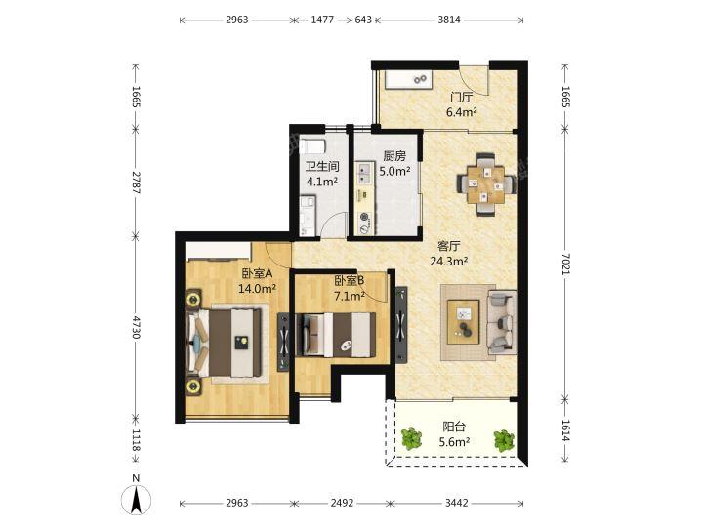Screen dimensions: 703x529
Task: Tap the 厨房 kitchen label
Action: click(394, 156)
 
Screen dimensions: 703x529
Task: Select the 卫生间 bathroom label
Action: click(322, 167)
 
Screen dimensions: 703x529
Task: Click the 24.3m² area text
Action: click(449, 261)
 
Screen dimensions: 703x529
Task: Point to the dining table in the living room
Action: click(486, 184)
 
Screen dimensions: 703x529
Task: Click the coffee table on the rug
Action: click(463, 322)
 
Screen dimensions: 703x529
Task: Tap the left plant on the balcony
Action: click(411, 439)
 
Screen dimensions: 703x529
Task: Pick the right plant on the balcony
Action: click(504, 441)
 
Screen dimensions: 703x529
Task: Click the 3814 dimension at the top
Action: click(449, 20)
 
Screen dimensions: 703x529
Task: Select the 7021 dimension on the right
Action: click(565, 264)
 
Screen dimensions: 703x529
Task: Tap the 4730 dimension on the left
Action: click(137, 328)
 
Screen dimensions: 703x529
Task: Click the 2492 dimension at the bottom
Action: click(342, 503)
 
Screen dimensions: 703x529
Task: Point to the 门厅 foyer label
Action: click(461, 98)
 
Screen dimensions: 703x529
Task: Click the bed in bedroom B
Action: click(336, 335)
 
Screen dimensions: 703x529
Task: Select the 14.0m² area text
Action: click(257, 289)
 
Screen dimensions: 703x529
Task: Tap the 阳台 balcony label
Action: click(454, 427)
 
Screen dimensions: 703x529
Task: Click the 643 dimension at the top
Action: click(363, 20)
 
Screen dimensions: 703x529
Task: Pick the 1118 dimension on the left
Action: click(137, 440)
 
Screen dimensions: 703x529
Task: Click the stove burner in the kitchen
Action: click(365, 218)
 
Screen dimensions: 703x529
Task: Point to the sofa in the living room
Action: click(502, 322)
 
